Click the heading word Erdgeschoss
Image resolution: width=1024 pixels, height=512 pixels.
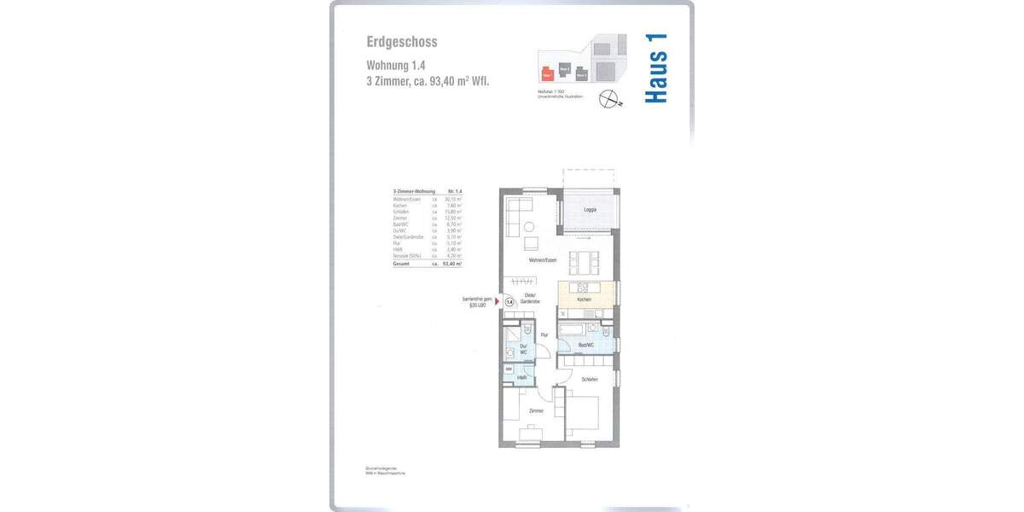tap(402, 42)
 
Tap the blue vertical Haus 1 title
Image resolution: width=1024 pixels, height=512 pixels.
tap(655, 69)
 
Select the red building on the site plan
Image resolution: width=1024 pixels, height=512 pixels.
tap(547, 74)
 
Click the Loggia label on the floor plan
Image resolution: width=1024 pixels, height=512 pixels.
tap(590, 210)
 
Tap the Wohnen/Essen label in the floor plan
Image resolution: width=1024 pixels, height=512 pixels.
tap(542, 259)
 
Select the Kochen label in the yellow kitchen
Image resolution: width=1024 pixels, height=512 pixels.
tap(584, 300)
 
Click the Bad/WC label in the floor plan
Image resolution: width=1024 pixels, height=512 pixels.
tap(585, 345)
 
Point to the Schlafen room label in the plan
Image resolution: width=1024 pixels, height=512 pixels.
tap(589, 379)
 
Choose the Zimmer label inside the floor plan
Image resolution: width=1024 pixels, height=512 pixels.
tap(536, 411)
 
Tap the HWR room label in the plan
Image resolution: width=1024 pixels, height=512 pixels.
tap(521, 377)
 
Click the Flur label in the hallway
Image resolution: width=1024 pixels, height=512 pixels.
tap(544, 335)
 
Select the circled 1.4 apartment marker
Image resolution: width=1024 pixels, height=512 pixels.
tap(509, 301)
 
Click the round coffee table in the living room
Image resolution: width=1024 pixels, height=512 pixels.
tap(530, 226)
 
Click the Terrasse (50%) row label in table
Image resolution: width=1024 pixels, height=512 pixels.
tap(405, 256)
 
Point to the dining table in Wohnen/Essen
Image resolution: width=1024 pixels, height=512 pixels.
tap(585, 259)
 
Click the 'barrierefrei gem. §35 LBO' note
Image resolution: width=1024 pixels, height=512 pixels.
tap(477, 301)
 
